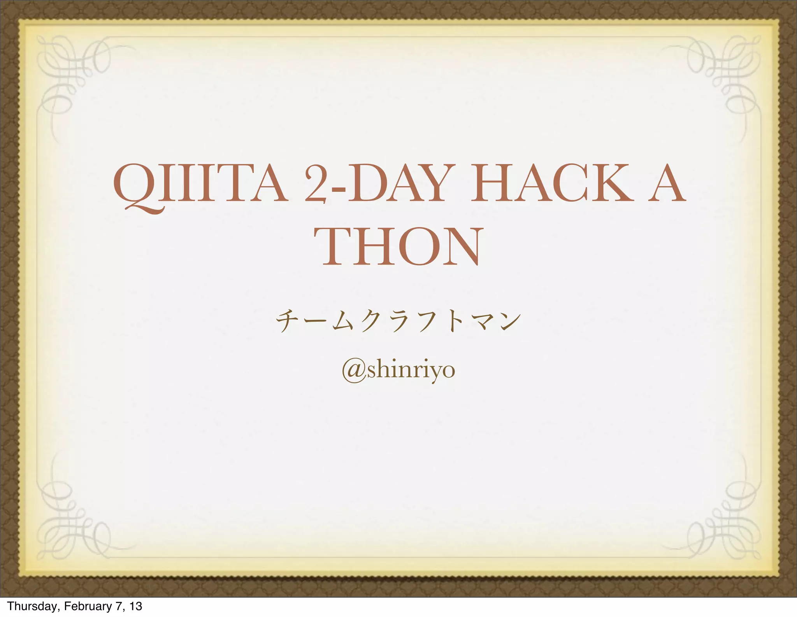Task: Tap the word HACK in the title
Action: pyautogui.click(x=552, y=183)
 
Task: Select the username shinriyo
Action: pyautogui.click(x=411, y=371)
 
